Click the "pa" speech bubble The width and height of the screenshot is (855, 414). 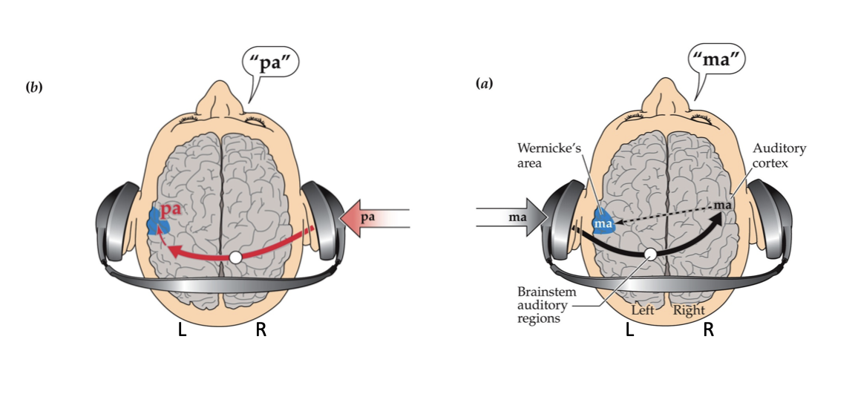tap(270, 64)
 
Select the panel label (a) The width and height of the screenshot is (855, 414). tap(484, 85)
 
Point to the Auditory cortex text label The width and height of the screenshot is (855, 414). tap(779, 155)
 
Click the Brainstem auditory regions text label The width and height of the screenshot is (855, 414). tap(541, 305)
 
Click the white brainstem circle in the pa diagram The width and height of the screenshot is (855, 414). tap(235, 257)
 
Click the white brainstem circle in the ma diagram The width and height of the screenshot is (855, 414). tap(650, 254)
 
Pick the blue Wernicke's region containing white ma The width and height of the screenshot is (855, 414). tap(603, 223)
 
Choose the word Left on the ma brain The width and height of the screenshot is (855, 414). tap(643, 310)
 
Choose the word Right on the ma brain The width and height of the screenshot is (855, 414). tap(688, 310)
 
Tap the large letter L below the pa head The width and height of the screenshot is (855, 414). tap(182, 331)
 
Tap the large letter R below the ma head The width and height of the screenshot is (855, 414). tap(709, 330)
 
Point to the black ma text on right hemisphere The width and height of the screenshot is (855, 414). tap(723, 204)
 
